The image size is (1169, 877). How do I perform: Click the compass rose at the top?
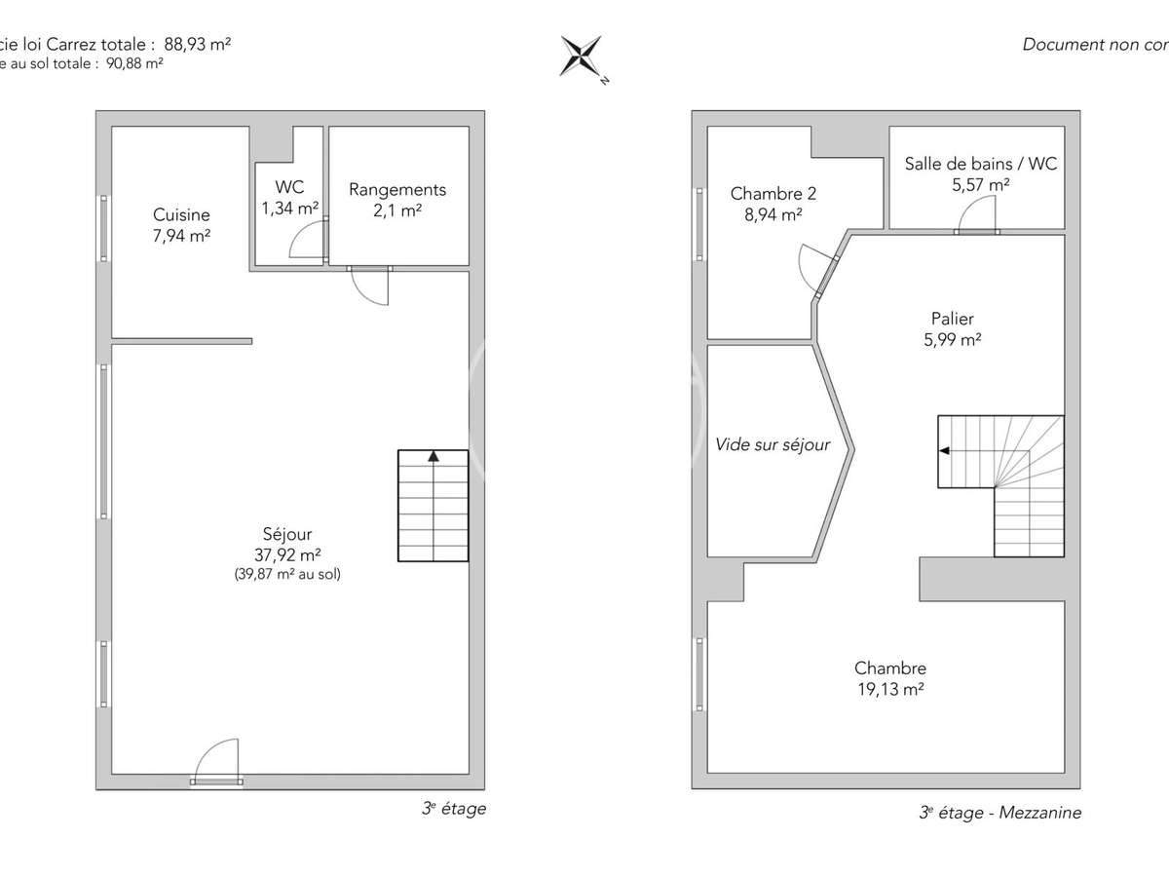click(x=581, y=57)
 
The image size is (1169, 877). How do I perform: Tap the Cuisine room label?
click(x=181, y=215)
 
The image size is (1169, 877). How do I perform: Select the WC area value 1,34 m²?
click(x=289, y=208)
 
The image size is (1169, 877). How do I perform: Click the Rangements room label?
click(x=397, y=190)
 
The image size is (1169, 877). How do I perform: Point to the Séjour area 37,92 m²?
click(x=287, y=554)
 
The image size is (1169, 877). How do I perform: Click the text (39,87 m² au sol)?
click(x=287, y=574)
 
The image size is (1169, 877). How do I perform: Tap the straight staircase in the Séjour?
click(x=433, y=506)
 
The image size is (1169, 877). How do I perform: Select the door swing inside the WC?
click(x=309, y=241)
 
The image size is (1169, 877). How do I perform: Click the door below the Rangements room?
click(x=370, y=285)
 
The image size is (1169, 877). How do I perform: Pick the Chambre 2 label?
click(x=773, y=194)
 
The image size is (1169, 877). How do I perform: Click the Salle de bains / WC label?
click(x=980, y=164)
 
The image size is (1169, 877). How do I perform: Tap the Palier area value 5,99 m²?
click(x=952, y=339)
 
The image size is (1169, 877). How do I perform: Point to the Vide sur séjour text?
click(x=773, y=444)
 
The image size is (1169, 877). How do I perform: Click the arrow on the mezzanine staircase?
click(x=945, y=451)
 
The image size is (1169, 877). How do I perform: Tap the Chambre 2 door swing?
click(x=813, y=266)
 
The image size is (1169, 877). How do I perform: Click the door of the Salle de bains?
click(x=977, y=214)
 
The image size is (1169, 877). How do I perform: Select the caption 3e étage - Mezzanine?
click(x=999, y=813)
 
